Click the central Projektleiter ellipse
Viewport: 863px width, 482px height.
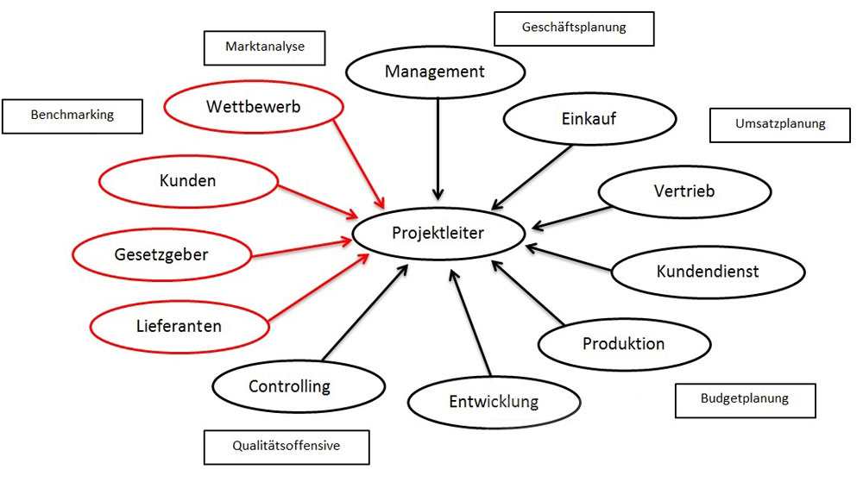click(x=438, y=233)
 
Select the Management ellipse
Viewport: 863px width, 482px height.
click(x=435, y=72)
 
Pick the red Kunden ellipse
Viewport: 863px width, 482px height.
click(x=187, y=181)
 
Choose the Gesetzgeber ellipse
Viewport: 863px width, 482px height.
click(x=161, y=254)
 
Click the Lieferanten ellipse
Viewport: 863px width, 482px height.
click(x=178, y=326)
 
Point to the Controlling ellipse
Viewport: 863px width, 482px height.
click(x=289, y=386)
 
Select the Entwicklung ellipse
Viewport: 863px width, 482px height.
click(x=493, y=401)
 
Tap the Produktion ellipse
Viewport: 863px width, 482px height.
click(x=623, y=344)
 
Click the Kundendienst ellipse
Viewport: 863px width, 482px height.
click(x=708, y=271)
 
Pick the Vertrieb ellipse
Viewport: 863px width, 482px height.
click(x=683, y=191)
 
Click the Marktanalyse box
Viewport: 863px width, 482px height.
click(x=264, y=47)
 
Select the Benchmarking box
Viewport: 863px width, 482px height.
click(x=72, y=115)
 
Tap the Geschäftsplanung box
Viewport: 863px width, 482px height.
click(x=574, y=28)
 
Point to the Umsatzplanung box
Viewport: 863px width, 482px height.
click(x=780, y=124)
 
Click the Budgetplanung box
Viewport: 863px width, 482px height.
click(x=744, y=399)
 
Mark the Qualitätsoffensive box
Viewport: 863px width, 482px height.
click(x=287, y=447)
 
